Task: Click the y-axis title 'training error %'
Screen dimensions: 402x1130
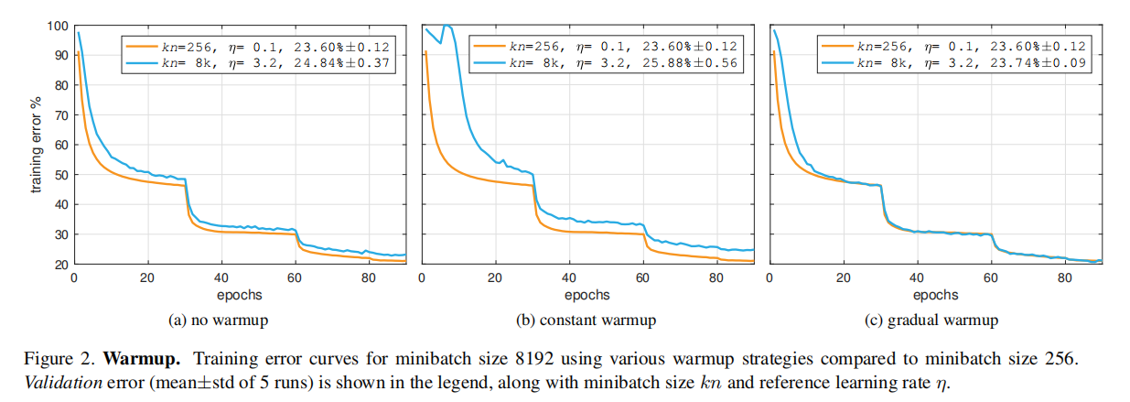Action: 38,144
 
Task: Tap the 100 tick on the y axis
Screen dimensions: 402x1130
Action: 56,26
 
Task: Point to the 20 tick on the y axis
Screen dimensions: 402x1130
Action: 59,265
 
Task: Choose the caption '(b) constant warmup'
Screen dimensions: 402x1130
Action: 586,321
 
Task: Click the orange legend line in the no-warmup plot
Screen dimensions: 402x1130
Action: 145,44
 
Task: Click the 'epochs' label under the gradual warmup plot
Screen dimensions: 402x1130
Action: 935,296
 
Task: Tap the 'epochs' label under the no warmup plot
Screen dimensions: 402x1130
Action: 240,296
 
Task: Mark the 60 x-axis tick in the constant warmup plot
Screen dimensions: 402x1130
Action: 641,277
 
